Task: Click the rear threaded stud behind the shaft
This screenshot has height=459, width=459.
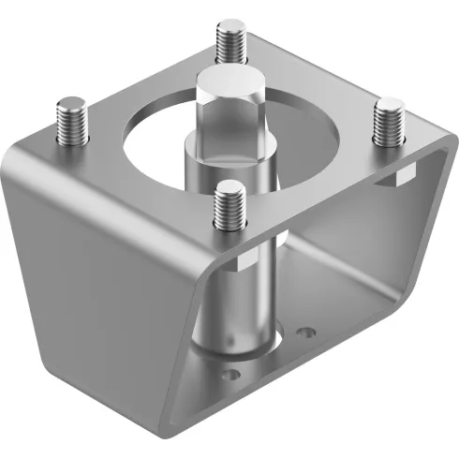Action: [230, 42]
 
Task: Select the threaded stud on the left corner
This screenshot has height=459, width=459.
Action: [71, 122]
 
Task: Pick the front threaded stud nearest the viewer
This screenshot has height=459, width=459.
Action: [229, 208]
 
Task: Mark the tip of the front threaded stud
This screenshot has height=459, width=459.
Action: [229, 188]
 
